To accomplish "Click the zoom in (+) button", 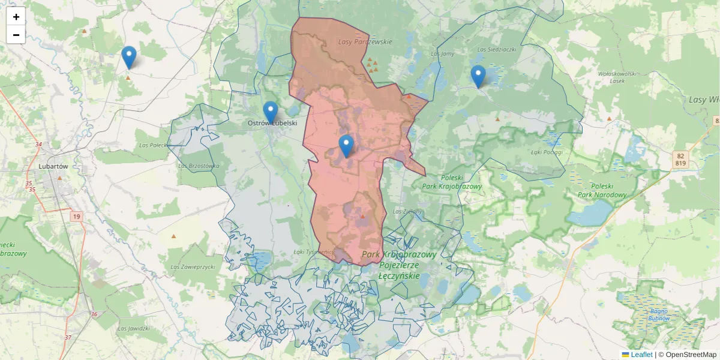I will pos(16,17).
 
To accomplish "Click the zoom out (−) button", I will pos(16,35).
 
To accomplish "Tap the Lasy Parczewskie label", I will pos(365,42).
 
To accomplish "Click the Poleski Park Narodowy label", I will pos(602,190).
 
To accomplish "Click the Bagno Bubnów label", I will pos(658,314).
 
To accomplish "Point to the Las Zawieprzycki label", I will pos(192,266).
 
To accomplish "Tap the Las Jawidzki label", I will pos(133,328).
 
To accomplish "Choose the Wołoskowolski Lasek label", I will pos(616,77).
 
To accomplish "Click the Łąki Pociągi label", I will pos(547,151).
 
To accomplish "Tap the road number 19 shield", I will pos(76,216).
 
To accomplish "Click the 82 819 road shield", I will pos(680,159).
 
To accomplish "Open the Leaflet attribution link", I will pos(641,355).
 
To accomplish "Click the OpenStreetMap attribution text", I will pos(687,355).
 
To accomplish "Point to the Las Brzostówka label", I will pos(199,166).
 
